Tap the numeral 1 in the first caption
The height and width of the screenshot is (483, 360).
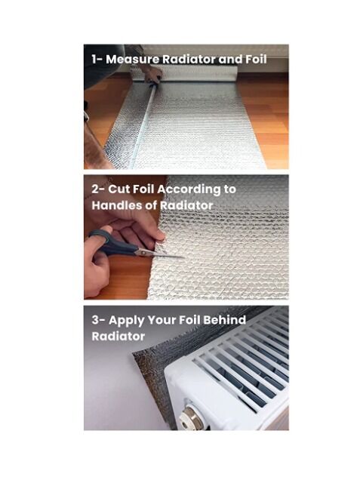[94, 59]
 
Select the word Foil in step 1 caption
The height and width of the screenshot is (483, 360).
[256, 59]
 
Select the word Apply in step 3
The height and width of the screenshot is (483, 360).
[126, 321]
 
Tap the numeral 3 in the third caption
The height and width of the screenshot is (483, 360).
[95, 320]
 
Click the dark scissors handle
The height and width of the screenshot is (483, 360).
[112, 243]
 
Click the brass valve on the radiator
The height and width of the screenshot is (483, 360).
[189, 416]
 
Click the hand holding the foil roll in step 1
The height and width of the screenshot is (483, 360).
[152, 74]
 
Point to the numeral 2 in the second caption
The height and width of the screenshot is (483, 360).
[95, 189]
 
